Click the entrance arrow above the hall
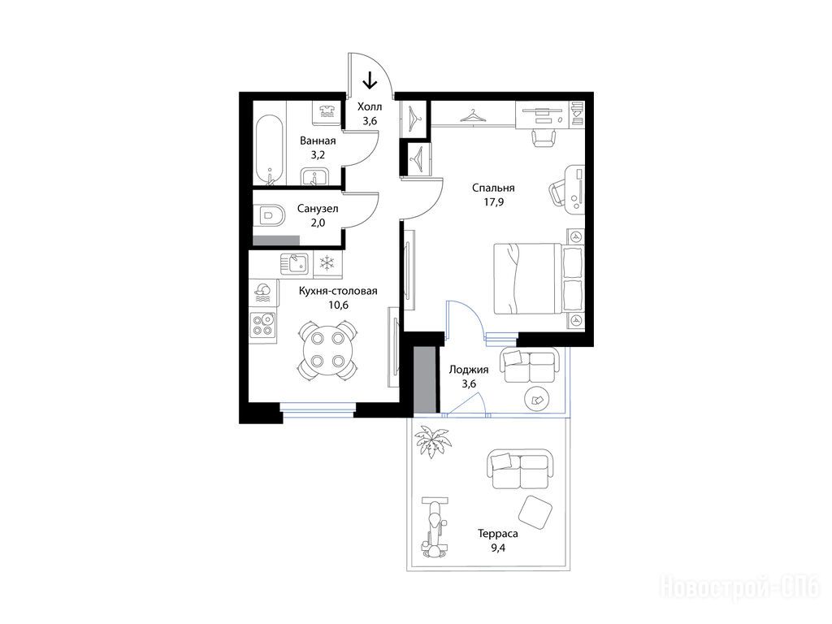(370, 80)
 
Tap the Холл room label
(370, 106)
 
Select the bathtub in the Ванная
(269, 149)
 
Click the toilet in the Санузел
(271, 215)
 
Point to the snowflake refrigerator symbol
(328, 263)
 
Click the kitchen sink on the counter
(294, 263)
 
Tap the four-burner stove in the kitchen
(262, 325)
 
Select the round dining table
(327, 349)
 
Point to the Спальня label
(493, 188)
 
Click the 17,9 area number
(493, 202)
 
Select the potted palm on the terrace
(432, 440)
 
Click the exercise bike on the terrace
(435, 526)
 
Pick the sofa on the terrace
(519, 469)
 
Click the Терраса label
(498, 534)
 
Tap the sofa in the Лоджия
(530, 365)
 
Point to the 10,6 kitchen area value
(339, 305)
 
